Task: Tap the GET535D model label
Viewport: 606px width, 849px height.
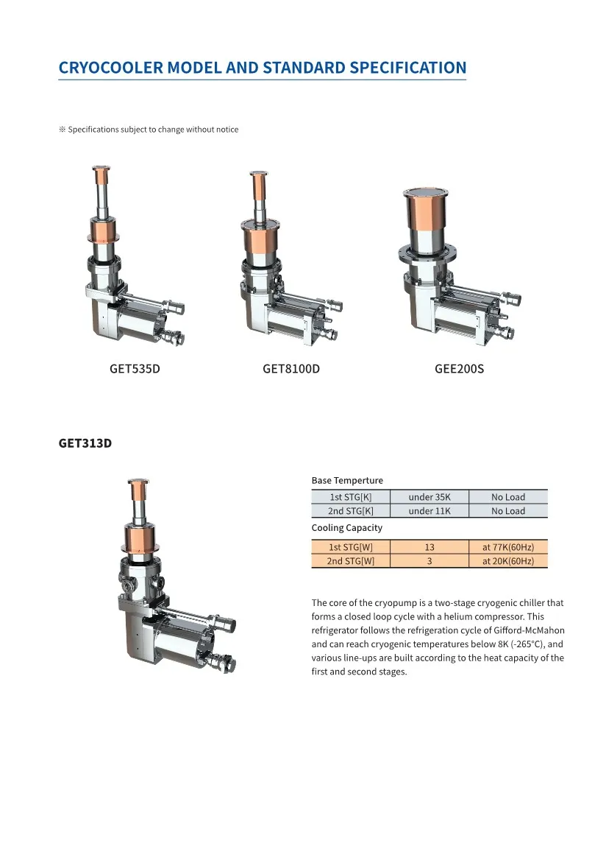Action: click(x=135, y=368)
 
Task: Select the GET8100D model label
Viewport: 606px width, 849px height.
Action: click(x=291, y=368)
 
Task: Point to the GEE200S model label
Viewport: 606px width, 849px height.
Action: click(x=460, y=368)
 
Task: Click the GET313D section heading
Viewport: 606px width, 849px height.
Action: click(x=85, y=443)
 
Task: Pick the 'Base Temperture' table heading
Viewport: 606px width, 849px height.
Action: click(x=347, y=480)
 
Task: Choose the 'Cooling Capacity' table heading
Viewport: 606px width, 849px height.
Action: click(x=347, y=527)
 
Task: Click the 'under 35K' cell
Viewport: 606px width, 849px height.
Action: click(x=429, y=497)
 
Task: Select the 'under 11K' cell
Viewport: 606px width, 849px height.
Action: click(x=429, y=511)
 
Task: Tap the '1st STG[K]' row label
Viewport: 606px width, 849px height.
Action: click(x=351, y=497)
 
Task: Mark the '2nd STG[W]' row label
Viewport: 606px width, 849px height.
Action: click(x=351, y=561)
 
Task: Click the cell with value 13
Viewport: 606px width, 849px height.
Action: click(x=429, y=547)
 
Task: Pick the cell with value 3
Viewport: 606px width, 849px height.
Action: click(x=429, y=561)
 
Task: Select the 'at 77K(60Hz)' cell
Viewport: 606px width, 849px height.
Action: click(x=508, y=547)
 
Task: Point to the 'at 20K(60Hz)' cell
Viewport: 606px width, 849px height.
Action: click(x=508, y=561)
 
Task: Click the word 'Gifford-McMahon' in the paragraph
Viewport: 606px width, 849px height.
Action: click(x=528, y=630)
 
